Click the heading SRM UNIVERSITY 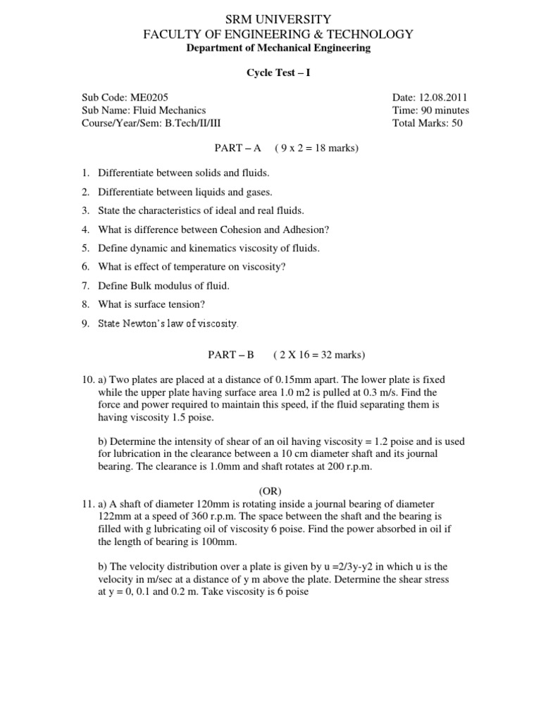[x=271, y=19]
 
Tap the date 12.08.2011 [x=438, y=98]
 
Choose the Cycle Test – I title [x=270, y=73]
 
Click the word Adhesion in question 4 [x=303, y=230]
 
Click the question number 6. [x=85, y=267]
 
